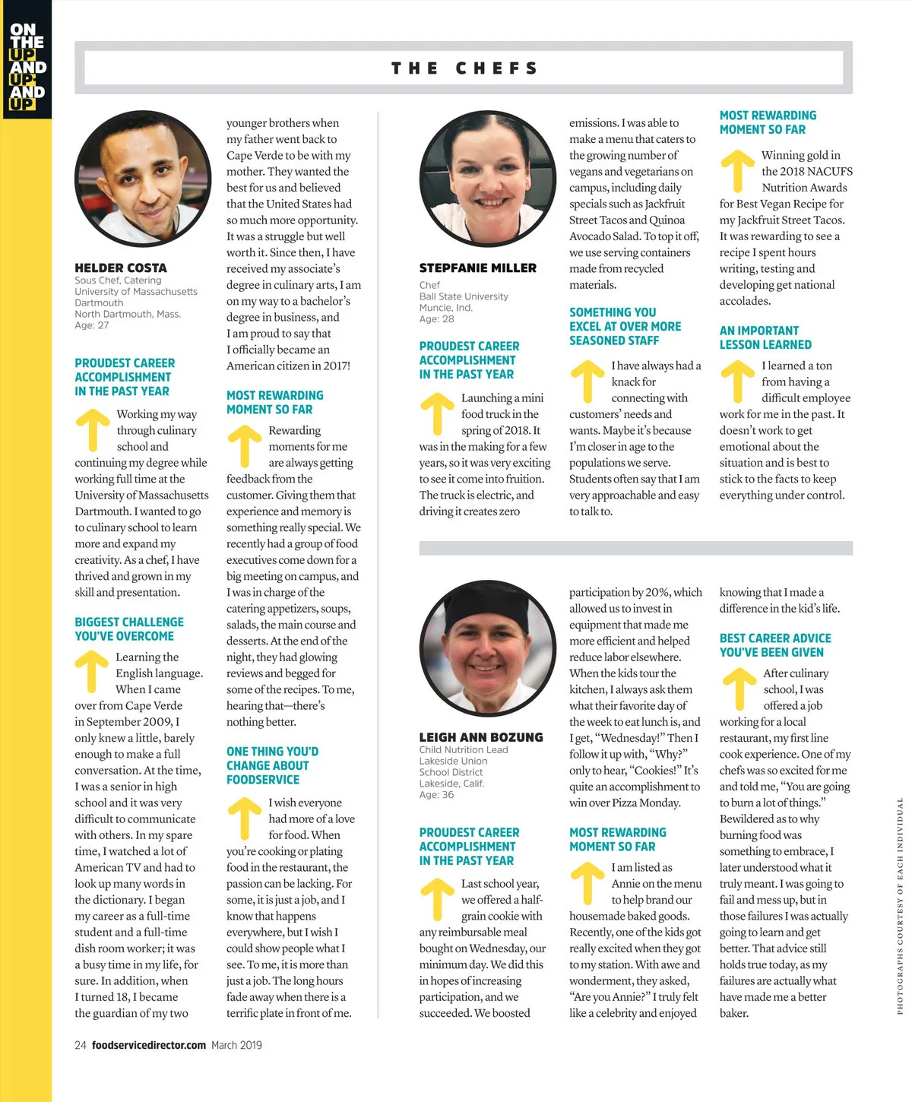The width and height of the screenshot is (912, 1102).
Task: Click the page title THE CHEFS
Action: pos(464,68)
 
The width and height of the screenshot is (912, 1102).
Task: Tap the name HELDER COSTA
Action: pos(121,268)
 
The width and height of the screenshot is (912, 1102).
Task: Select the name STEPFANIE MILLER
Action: pos(477,268)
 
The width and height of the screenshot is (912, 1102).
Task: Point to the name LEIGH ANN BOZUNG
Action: pos(481,737)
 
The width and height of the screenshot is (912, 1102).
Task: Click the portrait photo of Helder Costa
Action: pos(143,179)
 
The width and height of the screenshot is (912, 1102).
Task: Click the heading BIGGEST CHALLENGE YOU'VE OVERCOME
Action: pos(129,629)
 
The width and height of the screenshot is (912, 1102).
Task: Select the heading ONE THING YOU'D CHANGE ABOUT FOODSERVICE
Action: pos(272,765)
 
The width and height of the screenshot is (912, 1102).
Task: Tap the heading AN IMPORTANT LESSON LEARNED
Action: pos(765,337)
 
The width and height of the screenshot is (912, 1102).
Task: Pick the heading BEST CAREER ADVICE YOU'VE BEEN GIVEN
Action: pos(775,645)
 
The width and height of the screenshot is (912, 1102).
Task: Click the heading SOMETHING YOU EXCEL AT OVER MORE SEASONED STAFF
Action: pos(625,326)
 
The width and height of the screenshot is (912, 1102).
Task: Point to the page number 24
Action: pos(81,1045)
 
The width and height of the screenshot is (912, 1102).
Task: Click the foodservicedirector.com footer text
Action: pos(149,1045)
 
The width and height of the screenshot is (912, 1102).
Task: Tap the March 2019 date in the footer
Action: pos(236,1045)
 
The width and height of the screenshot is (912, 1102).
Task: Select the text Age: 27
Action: pos(92,325)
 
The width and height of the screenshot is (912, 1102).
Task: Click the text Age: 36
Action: pos(436,794)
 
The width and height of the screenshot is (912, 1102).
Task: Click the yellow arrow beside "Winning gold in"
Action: pos(737,170)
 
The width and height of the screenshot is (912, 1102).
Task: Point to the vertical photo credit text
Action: pos(900,905)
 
